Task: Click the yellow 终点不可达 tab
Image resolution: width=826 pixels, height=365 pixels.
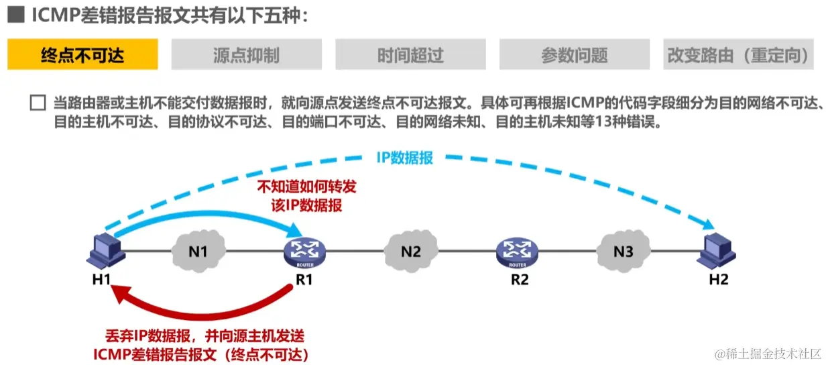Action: [82, 54]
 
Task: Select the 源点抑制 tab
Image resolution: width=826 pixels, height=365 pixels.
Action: [246, 54]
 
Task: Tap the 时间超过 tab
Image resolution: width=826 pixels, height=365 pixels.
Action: [410, 54]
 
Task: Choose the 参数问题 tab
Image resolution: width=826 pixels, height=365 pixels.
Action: [574, 54]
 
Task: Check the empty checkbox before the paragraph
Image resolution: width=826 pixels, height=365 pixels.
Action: [38, 103]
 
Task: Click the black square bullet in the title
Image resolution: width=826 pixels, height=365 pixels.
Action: [15, 15]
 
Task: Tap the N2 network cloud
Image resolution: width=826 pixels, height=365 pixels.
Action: [410, 251]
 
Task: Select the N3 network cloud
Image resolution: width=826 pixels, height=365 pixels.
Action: [623, 251]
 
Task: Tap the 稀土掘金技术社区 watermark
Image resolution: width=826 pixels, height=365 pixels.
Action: [767, 354]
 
